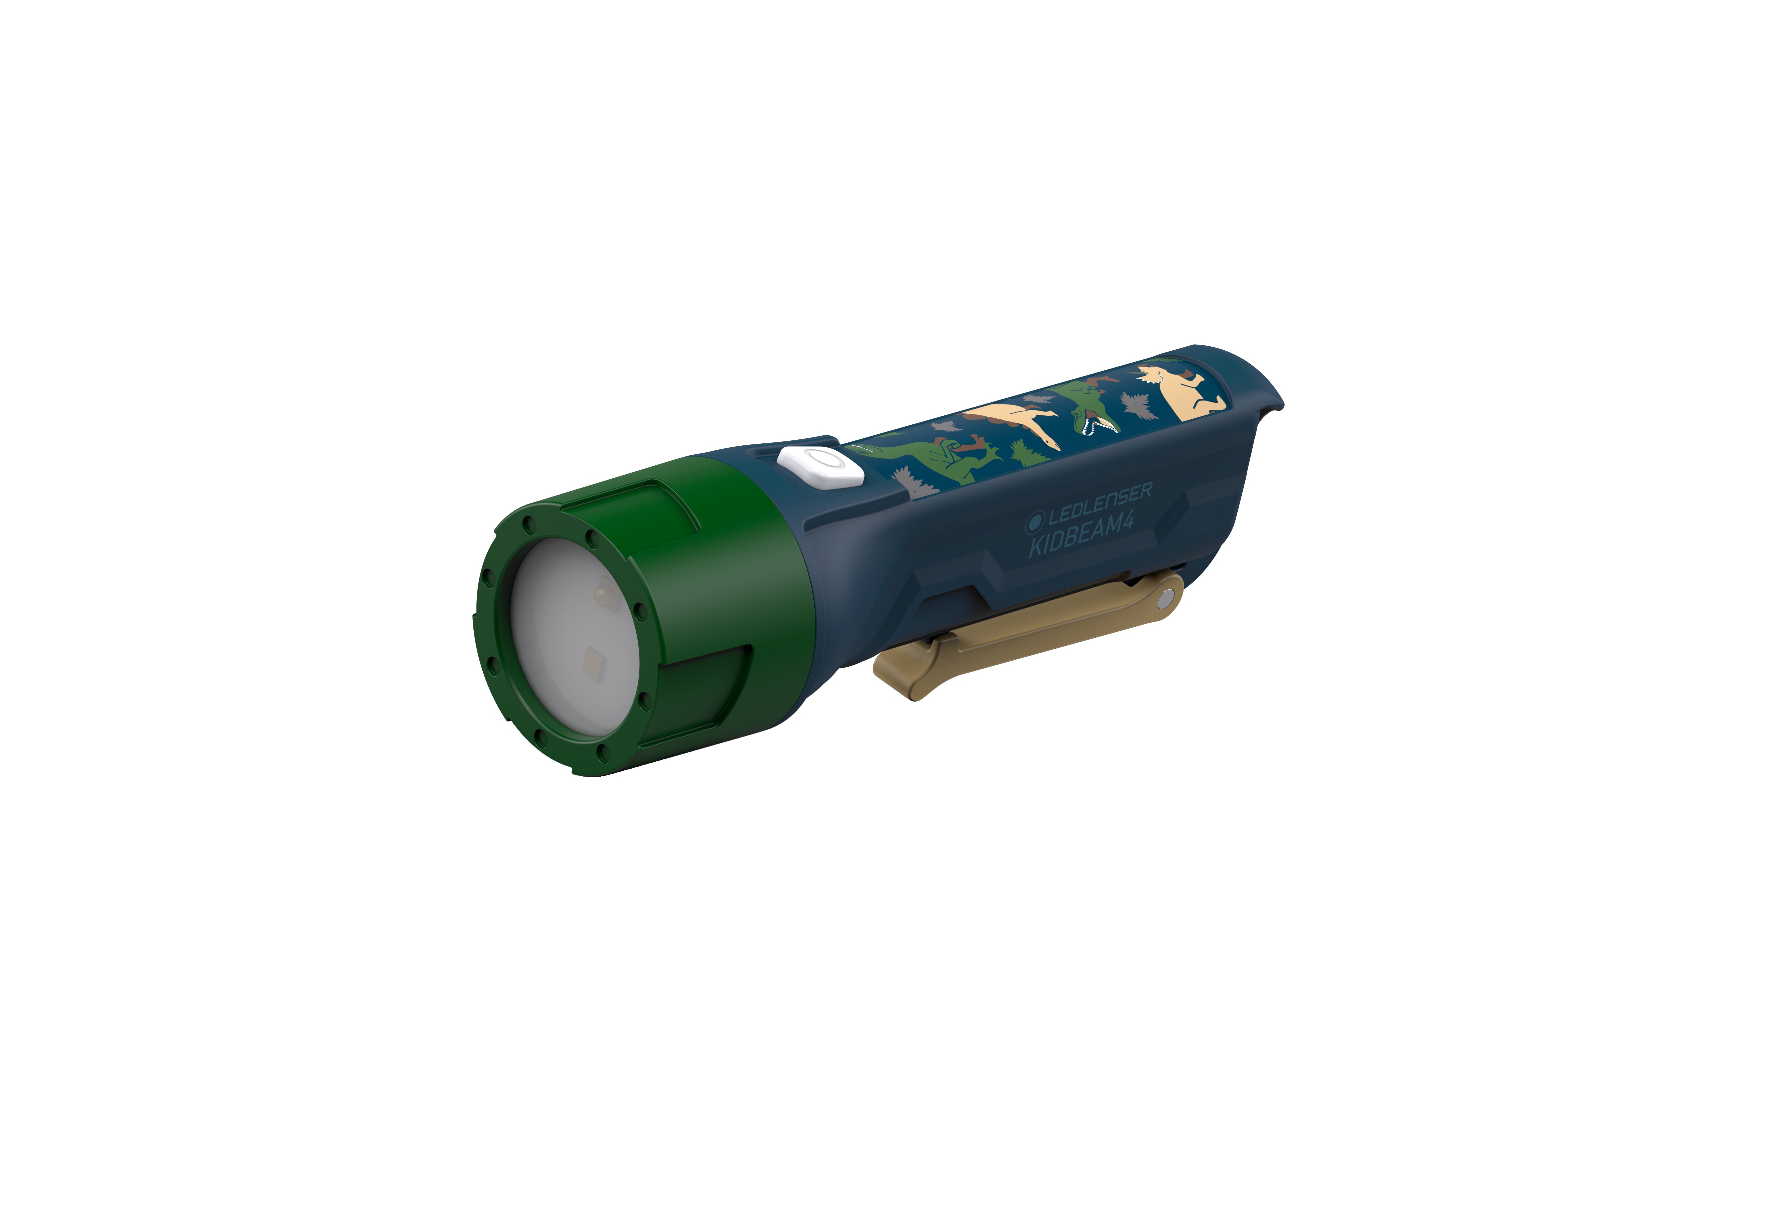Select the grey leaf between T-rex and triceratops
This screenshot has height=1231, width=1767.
pyautogui.click(x=1135, y=405)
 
